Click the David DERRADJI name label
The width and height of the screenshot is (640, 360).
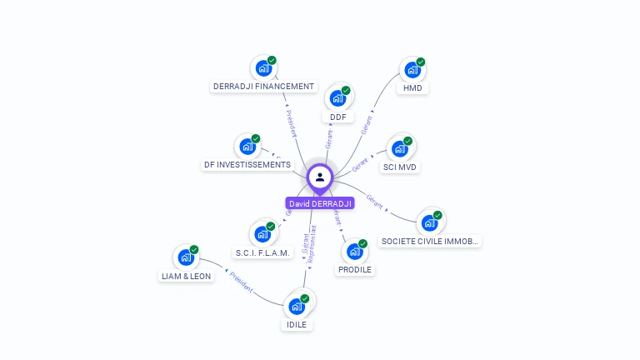click(x=320, y=203)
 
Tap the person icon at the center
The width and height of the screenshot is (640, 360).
click(x=320, y=177)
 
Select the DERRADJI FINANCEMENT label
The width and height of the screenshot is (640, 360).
click(x=264, y=86)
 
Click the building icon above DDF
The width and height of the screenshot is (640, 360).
click(x=337, y=98)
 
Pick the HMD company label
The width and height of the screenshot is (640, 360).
click(x=412, y=87)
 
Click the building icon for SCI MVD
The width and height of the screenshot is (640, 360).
click(x=400, y=149)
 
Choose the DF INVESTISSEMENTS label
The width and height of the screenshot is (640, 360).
click(x=247, y=164)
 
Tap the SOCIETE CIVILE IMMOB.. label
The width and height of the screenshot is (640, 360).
click(x=430, y=241)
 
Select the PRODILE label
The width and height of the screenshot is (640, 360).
click(x=355, y=269)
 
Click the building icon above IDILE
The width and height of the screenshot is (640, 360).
click(x=296, y=306)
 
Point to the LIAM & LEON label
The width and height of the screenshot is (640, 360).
click(x=186, y=276)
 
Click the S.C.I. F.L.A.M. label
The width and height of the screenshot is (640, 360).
click(x=262, y=252)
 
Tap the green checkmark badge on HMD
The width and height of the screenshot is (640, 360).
click(x=421, y=62)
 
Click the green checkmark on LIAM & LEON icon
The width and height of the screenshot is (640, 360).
click(x=194, y=249)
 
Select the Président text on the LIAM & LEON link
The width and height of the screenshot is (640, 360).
click(x=241, y=282)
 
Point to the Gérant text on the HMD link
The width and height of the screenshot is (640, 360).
click(x=367, y=125)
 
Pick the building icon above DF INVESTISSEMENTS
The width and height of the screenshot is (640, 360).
click(x=247, y=147)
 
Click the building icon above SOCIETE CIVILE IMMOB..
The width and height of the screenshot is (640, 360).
click(x=429, y=222)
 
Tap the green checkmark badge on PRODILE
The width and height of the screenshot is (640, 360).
click(x=363, y=243)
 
